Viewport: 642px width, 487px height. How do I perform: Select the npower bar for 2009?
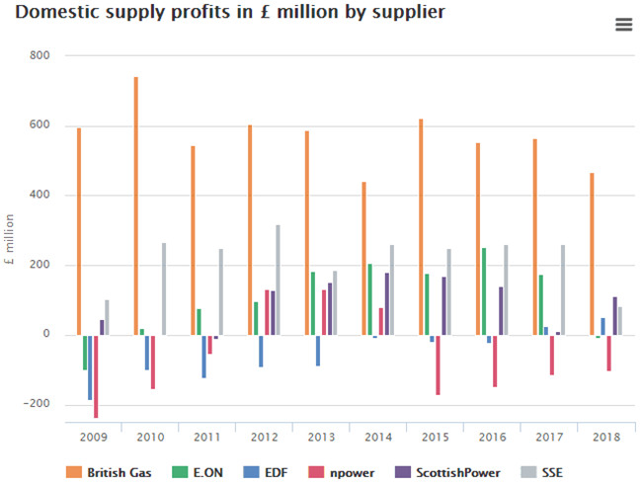[96, 376]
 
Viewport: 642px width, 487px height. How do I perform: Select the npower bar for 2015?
[438, 365]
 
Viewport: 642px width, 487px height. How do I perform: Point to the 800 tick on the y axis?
[40, 55]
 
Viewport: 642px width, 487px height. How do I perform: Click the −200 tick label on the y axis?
[36, 404]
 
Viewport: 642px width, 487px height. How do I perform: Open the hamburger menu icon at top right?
[623, 25]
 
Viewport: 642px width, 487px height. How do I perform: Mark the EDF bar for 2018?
[603, 326]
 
